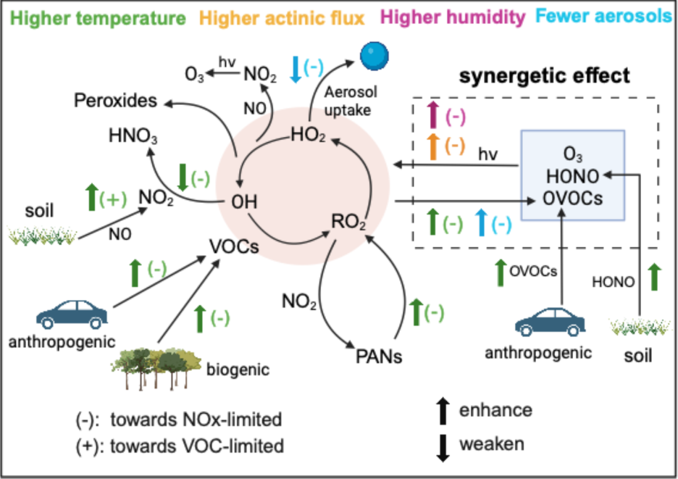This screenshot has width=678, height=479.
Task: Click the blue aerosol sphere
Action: pos(374,56)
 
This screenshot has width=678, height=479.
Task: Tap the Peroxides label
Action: pos(116,100)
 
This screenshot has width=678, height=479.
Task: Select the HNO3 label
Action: pos(133,136)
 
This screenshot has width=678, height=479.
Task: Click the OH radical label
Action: pos(244,202)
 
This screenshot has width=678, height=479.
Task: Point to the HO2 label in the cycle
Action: pos(308,135)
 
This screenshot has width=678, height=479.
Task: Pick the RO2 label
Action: pos(348,222)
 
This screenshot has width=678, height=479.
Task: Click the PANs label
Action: pos(379,357)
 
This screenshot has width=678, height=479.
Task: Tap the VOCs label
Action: pos(234,247)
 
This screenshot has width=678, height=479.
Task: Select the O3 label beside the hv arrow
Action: pos(194,75)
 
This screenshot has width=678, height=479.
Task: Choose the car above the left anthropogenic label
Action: pos(72,314)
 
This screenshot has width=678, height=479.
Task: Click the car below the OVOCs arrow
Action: pos(550,321)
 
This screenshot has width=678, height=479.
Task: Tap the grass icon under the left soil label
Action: pos(43,237)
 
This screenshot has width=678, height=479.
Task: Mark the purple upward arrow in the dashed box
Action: pos(433,115)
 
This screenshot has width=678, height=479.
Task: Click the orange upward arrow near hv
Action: pos(433,147)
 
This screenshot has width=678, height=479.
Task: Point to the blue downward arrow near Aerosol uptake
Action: pos(296,69)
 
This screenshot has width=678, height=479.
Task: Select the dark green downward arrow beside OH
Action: pos(183,177)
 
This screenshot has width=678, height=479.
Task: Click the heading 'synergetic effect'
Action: pos(544,76)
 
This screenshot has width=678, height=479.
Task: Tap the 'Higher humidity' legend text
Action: pos(453,18)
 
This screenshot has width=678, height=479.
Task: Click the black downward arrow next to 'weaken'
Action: pos(443,448)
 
